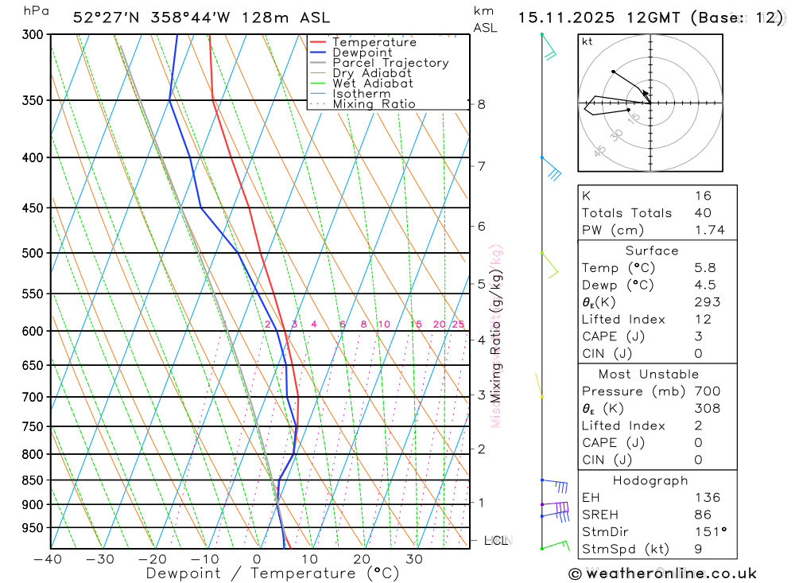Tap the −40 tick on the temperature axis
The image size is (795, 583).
tap(48, 558)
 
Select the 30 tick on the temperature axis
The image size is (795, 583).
tap(414, 558)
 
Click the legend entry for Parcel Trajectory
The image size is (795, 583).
tap(390, 63)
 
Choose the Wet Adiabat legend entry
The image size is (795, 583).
tap(373, 84)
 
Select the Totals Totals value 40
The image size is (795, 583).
tap(703, 213)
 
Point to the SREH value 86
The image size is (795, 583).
tap(703, 515)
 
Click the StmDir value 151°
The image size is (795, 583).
tap(707, 532)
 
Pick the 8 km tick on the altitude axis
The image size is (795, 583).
tap(482, 104)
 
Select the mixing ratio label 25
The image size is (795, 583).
tap(458, 325)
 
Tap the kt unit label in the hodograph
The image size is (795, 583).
tap(588, 41)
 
